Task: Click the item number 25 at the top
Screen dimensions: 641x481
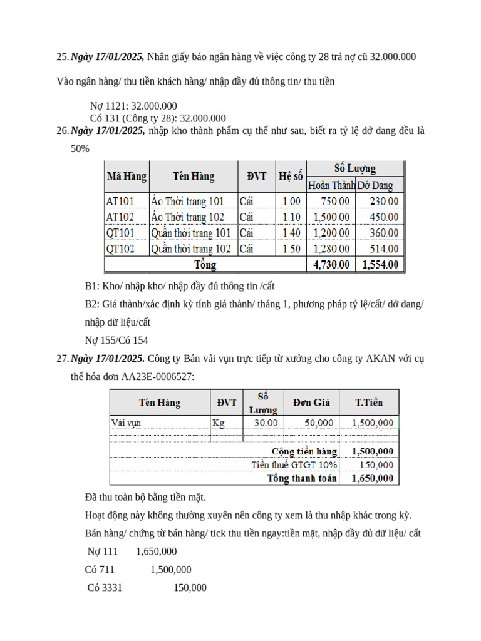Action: click(62, 57)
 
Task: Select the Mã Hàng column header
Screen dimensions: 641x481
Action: click(127, 176)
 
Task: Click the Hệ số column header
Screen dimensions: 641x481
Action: click(290, 176)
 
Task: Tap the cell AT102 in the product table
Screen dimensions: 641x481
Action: click(120, 217)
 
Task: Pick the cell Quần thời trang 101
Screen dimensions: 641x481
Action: click(191, 233)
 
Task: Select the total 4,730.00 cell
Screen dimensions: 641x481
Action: click(331, 265)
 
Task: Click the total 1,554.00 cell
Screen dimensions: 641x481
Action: click(380, 265)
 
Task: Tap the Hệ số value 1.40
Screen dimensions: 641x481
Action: click(291, 233)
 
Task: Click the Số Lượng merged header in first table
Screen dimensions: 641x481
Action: click(355, 168)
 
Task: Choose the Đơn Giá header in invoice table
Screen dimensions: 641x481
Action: click(311, 402)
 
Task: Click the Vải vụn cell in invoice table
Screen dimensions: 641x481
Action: click(126, 423)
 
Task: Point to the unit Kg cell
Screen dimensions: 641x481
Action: click(218, 423)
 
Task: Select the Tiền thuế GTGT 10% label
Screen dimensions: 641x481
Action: click(294, 465)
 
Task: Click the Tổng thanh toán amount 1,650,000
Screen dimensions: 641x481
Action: click(373, 478)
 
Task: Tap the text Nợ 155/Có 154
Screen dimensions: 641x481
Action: click(116, 341)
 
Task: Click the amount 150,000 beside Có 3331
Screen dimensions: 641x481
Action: click(190, 588)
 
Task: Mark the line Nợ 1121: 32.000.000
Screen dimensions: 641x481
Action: click(133, 106)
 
